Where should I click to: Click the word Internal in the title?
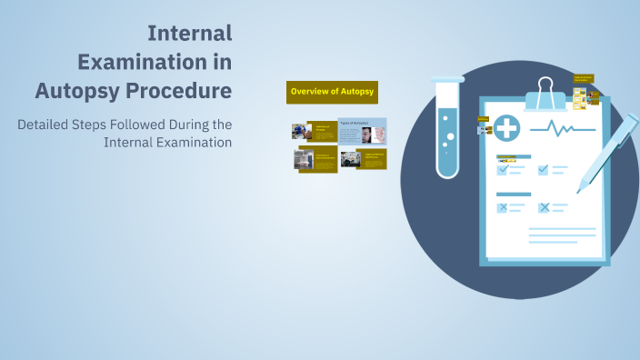(189, 34)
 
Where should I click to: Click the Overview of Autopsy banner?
(332, 92)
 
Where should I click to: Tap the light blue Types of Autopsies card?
(362, 131)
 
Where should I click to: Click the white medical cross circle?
(505, 128)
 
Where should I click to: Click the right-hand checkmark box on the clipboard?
(544, 169)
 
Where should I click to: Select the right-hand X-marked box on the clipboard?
(544, 207)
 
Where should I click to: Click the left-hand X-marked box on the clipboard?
(502, 207)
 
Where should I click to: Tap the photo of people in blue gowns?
(298, 131)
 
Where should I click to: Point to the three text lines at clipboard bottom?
(562, 235)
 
